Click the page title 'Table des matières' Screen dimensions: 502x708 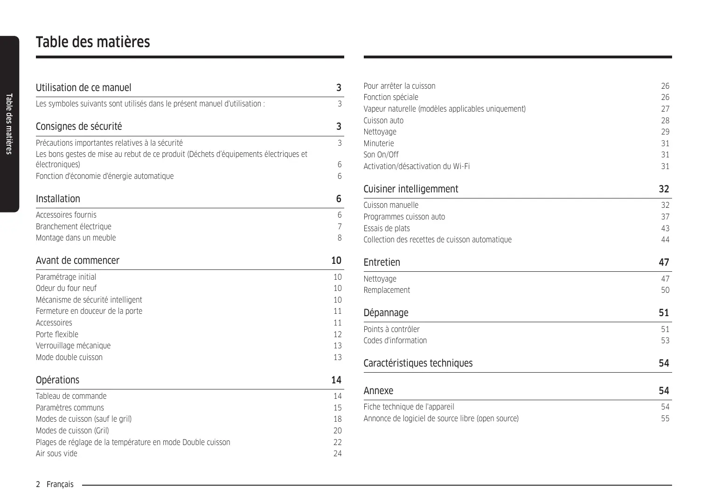pos(93,42)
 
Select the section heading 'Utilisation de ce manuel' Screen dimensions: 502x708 pos(83,88)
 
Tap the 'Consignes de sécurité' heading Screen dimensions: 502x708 pos(79,127)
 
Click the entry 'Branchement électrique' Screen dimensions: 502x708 pos(74,226)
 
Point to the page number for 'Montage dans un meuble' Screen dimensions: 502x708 pos(340,238)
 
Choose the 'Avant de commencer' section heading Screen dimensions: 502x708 pos(77,261)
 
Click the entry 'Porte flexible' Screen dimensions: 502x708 pos(57,334)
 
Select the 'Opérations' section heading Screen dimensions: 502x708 pos(57,380)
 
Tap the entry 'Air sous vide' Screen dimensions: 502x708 pos(56,453)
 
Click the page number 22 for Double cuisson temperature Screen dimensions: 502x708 pos(337,442)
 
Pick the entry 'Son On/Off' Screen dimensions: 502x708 pos(381,155)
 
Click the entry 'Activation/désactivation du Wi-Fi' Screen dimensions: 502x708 pos(416,166)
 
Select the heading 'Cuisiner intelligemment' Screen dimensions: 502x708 pos(410,189)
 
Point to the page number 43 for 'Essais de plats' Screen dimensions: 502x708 pos(665,228)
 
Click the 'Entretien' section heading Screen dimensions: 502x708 pos(382,262)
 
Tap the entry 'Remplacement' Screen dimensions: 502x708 pos(387,290)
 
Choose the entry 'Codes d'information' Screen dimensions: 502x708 pos(395,340)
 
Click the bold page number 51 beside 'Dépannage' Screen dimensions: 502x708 pos(664,313)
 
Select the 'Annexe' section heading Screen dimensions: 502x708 pos(378,391)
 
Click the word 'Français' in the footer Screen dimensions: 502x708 pos(60,484)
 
